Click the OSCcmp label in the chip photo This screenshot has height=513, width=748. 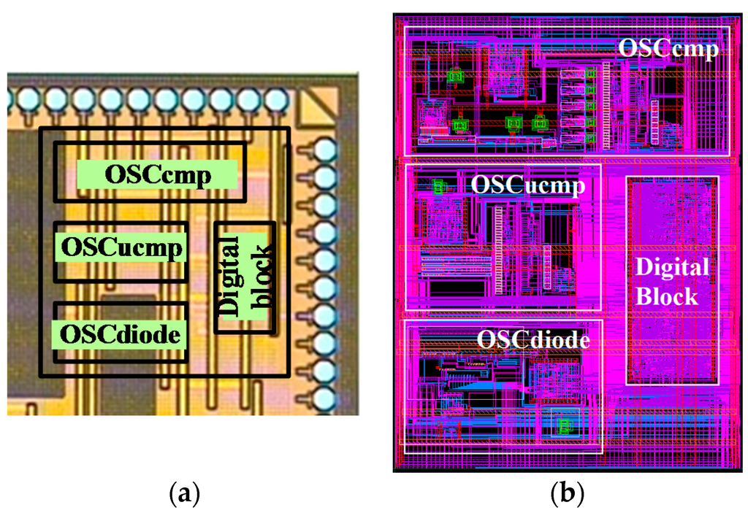pyautogui.click(x=157, y=175)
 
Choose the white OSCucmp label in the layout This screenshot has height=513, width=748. pyautogui.click(x=527, y=185)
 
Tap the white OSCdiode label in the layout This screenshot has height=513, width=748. pyautogui.click(x=533, y=340)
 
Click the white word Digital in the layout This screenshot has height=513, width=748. pyautogui.click(x=672, y=268)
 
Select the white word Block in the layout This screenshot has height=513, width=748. pyautogui.click(x=668, y=297)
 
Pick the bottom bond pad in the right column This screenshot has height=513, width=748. pyautogui.click(x=324, y=399)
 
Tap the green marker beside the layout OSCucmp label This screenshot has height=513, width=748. pyautogui.click(x=438, y=187)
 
